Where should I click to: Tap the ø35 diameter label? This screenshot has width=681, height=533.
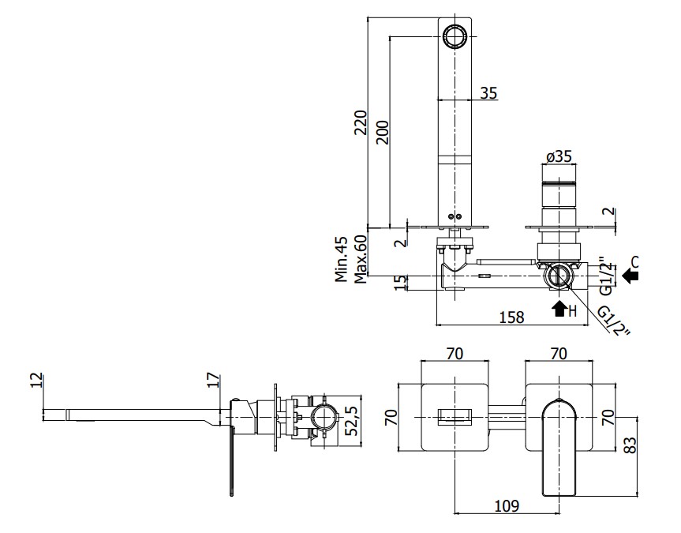point(558,156)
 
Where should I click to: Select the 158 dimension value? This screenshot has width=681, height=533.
point(512,317)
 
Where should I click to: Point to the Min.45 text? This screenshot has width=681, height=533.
point(342,258)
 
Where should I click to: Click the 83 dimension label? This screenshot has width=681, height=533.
point(629,446)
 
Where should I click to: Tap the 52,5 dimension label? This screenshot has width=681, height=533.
point(352,420)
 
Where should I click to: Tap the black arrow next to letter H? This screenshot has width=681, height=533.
point(560,309)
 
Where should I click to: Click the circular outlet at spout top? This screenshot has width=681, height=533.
point(455,36)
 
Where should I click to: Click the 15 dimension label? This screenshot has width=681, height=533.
point(401,283)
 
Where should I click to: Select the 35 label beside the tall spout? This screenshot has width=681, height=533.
point(488,93)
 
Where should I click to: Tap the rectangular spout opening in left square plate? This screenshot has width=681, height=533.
point(455,414)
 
